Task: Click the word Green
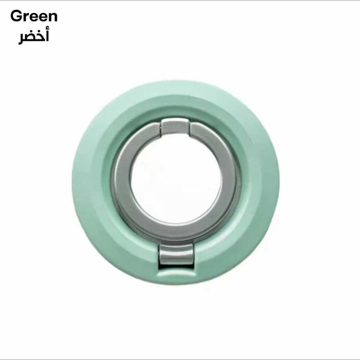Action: click(34, 16)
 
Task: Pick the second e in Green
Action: click(42, 17)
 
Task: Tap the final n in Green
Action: click(52, 17)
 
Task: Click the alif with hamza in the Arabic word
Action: click(47, 35)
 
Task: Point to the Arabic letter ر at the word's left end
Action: click(22, 40)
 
